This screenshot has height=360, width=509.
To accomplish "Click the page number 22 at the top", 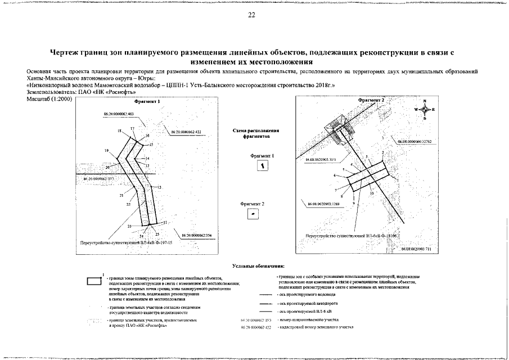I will pyautogui.click(x=252, y=15).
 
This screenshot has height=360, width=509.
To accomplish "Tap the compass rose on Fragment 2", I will pyautogui.click(x=425, y=110).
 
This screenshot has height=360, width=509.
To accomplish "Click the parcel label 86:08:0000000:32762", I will pyautogui.click(x=414, y=142).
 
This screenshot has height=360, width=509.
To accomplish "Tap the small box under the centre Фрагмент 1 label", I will pyautogui.click(x=260, y=165).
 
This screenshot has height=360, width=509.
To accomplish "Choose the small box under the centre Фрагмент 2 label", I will pyautogui.click(x=255, y=214).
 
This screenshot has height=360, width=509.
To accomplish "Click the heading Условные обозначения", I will pyautogui.click(x=258, y=265).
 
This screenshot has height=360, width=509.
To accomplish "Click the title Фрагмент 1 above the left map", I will pyautogui.click(x=148, y=102).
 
